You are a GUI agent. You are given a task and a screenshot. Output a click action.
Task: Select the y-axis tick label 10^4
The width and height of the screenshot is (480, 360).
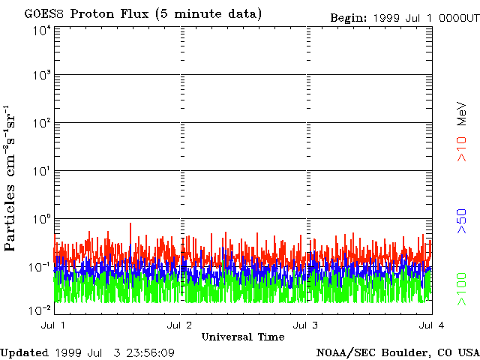click(41, 31)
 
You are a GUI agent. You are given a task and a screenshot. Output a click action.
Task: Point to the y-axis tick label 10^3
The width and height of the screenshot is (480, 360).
click(41, 75)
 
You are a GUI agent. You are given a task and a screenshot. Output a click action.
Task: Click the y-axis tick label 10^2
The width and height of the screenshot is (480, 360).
click(41, 123)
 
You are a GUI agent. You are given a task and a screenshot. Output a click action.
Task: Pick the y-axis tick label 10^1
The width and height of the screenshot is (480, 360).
click(41, 171)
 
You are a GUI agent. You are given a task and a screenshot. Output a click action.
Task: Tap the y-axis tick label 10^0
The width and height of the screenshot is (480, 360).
click(41, 219)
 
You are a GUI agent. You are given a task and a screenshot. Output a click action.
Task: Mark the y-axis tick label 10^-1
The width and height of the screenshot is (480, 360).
click(40, 267)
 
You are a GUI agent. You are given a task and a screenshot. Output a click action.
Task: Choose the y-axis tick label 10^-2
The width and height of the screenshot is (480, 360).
click(40, 310)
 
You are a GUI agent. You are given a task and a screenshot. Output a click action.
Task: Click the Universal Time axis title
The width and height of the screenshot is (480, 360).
click(242, 337)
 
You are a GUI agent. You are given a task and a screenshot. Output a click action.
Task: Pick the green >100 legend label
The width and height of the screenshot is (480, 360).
click(462, 289)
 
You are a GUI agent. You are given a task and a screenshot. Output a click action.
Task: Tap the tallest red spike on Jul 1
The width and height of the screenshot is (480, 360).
click(131, 224)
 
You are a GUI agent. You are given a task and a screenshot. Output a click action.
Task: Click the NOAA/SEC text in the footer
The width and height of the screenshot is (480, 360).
click(344, 352)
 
